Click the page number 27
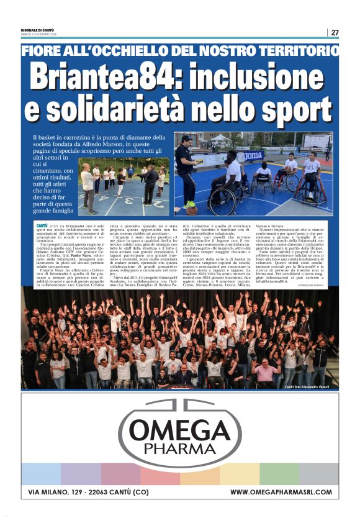coord(335,32)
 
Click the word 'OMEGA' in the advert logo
coord(179,430)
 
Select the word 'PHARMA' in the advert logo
coord(179,448)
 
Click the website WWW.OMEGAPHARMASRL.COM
coord(280,493)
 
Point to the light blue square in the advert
coord(41,473)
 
